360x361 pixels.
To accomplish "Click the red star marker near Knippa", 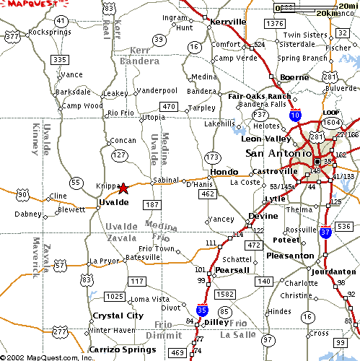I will [123, 188].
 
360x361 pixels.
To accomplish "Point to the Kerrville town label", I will [228, 22].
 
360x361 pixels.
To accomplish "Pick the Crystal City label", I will [118, 316].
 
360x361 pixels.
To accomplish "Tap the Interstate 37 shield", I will [325, 232].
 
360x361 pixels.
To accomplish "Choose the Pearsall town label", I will [232, 270].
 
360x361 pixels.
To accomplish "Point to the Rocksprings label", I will [48, 32].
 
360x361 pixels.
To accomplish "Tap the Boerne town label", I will [294, 77].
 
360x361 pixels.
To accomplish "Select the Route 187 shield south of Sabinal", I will [152, 206].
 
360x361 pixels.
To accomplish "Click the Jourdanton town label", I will [334, 271].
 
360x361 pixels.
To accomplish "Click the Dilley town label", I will [216, 322].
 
